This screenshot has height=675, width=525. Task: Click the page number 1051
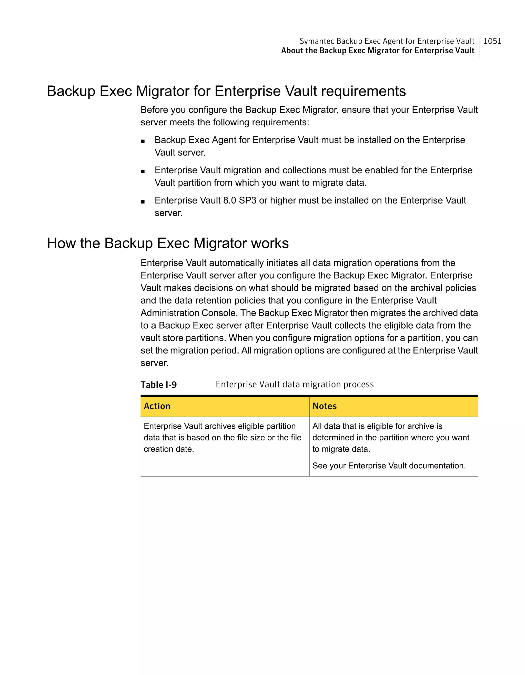(x=492, y=41)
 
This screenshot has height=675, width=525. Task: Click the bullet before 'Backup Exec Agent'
(x=143, y=141)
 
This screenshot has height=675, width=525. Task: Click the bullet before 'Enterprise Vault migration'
(x=143, y=172)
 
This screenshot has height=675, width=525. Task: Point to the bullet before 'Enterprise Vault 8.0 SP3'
(x=143, y=202)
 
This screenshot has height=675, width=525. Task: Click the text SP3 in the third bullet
(x=248, y=200)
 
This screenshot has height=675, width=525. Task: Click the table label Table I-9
(x=158, y=385)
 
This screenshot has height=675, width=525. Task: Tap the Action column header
(x=157, y=406)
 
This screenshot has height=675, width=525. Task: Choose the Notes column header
(x=325, y=406)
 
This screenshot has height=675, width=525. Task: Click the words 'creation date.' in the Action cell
(x=169, y=449)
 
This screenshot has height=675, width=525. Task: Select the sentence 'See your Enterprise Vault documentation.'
(x=389, y=466)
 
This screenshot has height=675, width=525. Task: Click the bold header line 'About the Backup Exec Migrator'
(x=377, y=51)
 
